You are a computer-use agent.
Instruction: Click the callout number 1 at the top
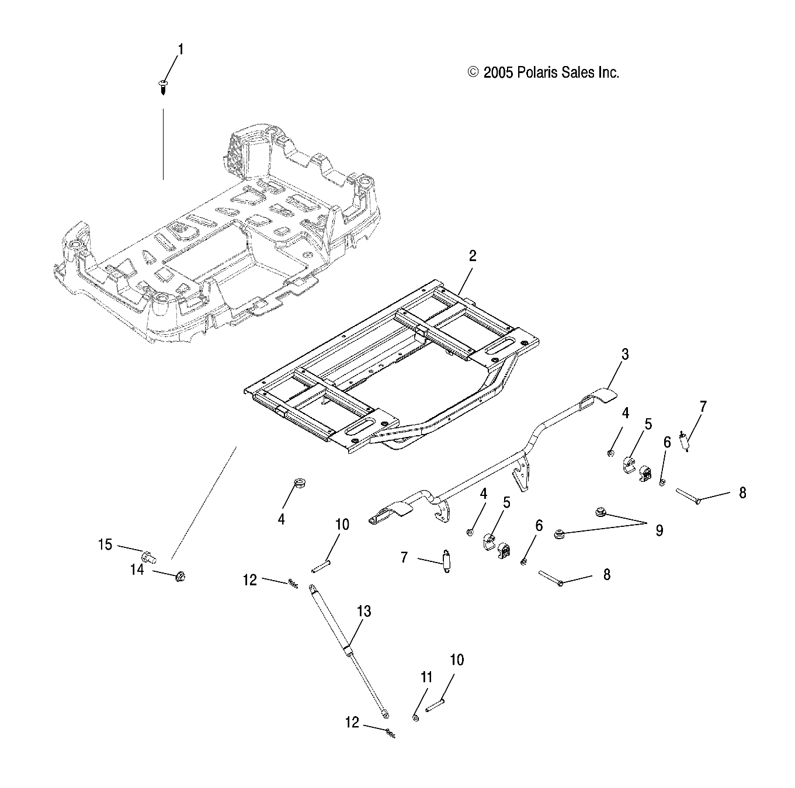(x=180, y=50)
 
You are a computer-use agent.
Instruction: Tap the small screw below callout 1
(x=162, y=88)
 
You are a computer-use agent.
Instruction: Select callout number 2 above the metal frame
(x=472, y=256)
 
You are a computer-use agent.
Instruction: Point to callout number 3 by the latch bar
(x=625, y=354)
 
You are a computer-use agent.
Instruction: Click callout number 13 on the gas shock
(x=364, y=612)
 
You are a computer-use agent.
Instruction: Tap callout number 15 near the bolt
(x=105, y=544)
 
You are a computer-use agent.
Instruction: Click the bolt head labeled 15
(x=148, y=554)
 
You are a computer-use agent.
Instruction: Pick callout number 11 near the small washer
(x=426, y=677)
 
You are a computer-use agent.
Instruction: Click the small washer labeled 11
(x=415, y=717)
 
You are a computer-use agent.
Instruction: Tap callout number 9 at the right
(x=659, y=530)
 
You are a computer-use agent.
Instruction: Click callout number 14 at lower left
(x=137, y=570)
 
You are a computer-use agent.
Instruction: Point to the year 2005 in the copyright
(x=498, y=72)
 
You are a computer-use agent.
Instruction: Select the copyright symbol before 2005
(x=473, y=72)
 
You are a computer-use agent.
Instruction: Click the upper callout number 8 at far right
(x=742, y=492)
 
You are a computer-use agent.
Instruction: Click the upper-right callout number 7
(x=703, y=407)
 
